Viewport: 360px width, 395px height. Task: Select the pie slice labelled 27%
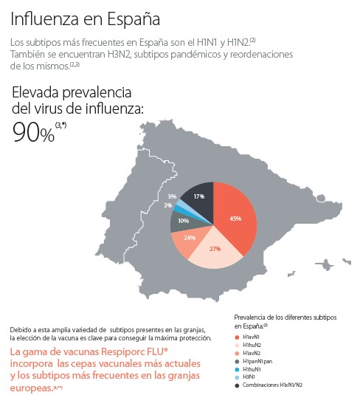click(215, 249)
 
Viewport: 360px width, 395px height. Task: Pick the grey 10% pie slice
click(183, 219)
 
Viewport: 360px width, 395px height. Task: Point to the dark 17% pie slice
click(200, 197)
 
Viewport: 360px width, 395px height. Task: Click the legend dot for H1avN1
click(238, 337)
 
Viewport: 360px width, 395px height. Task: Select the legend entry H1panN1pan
click(263, 361)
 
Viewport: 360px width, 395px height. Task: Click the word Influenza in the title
click(44, 16)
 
